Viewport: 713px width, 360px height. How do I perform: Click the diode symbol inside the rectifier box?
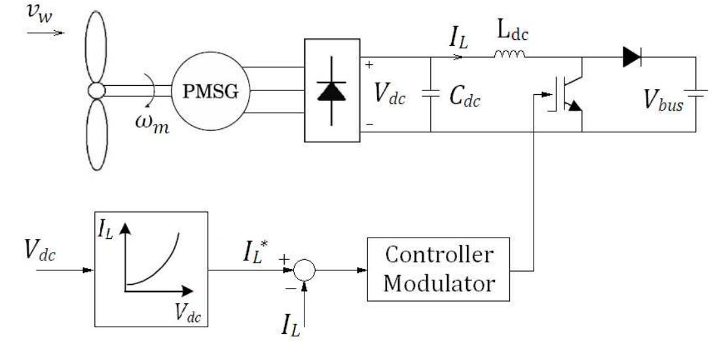tap(331, 90)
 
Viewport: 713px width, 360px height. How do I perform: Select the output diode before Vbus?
tap(631, 58)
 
